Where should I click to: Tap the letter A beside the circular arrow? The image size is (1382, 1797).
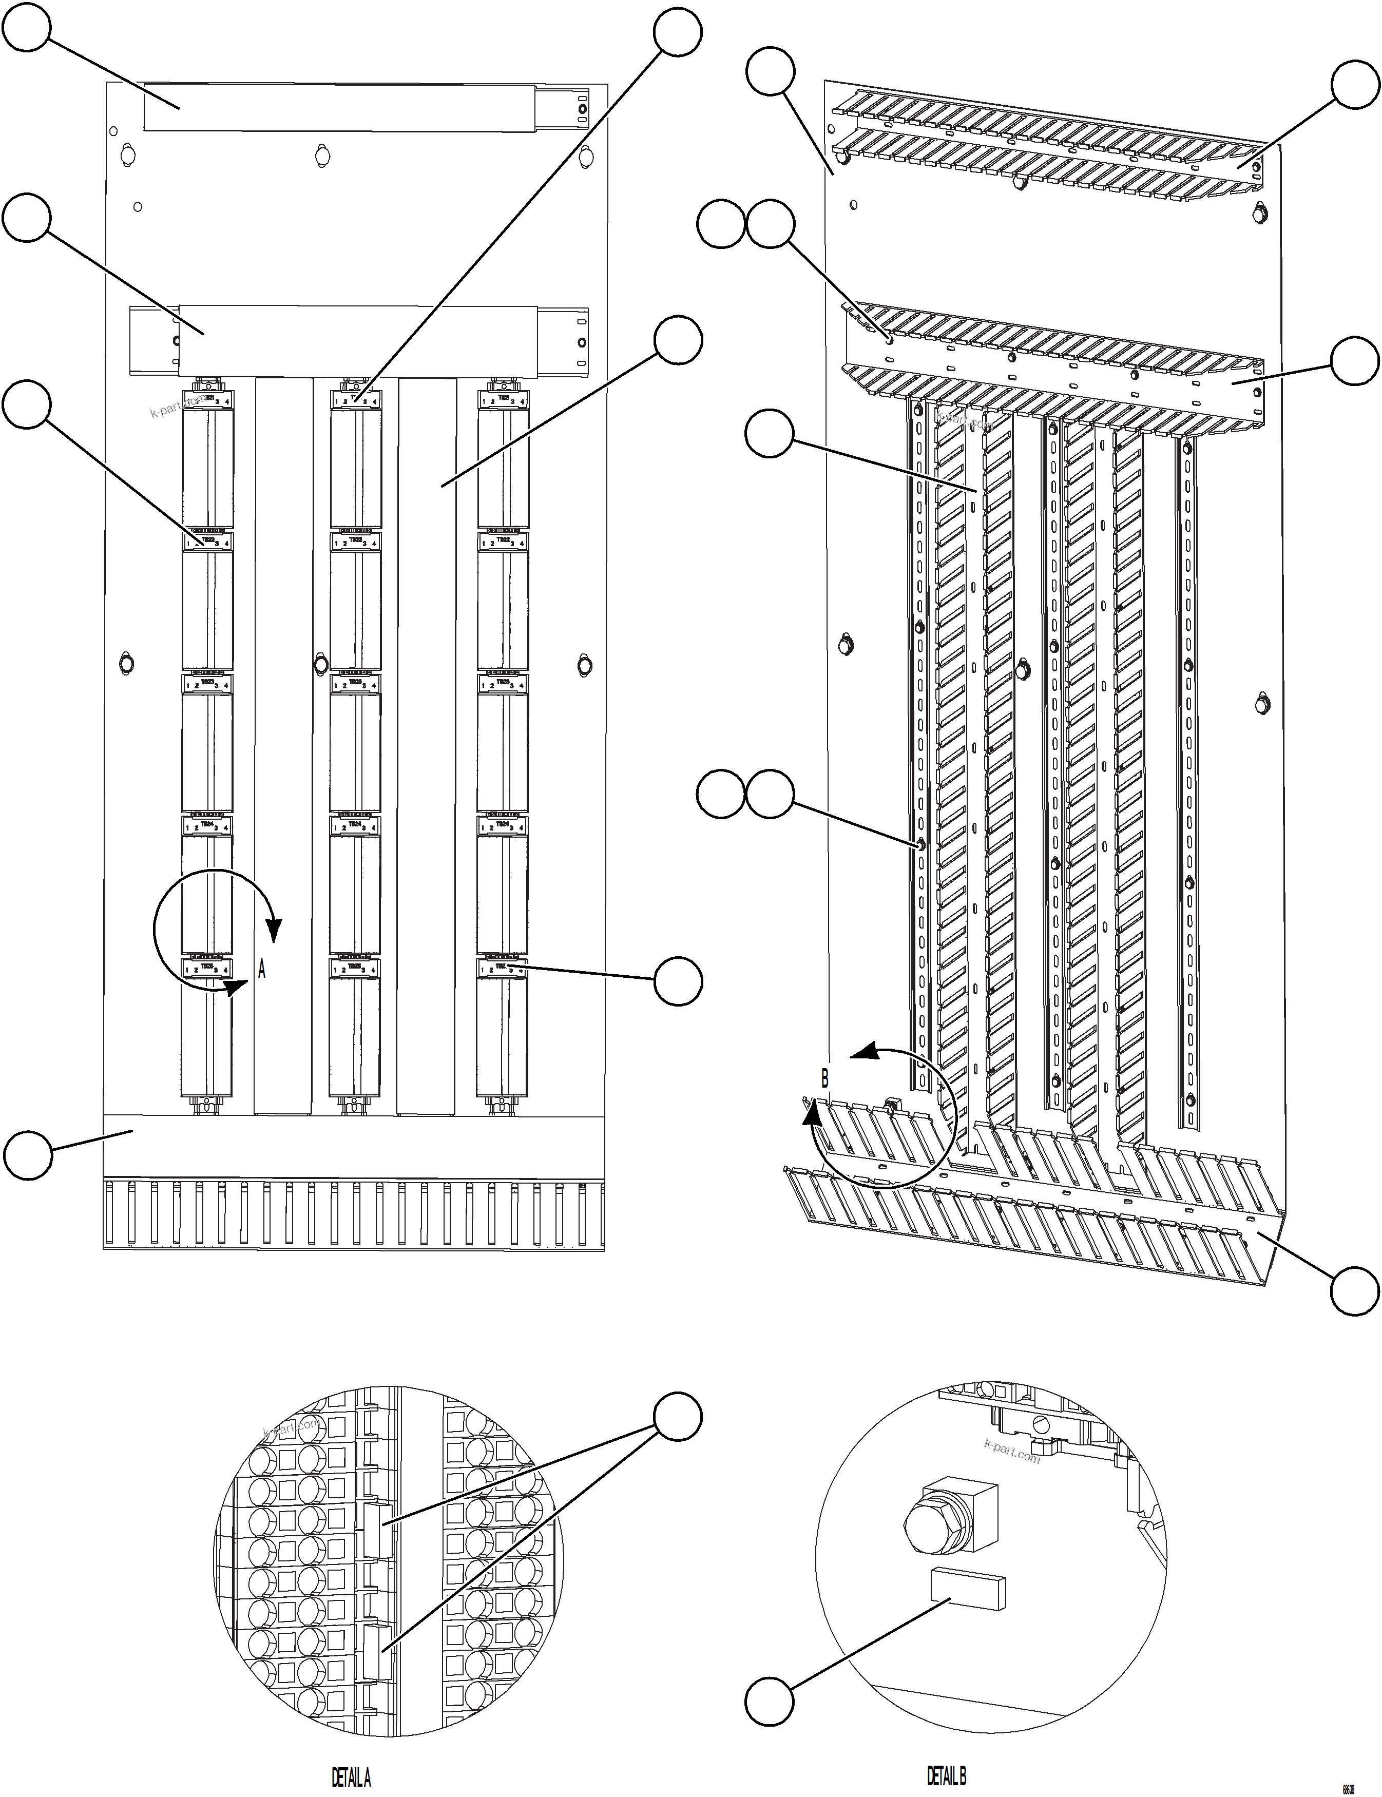tap(262, 970)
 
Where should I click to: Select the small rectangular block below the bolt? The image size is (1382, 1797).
tap(967, 1587)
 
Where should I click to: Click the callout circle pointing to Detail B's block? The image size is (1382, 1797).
tap(769, 1702)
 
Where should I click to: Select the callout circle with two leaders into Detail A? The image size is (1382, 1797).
tap(678, 1416)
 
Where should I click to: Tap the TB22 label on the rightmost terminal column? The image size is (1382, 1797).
tap(503, 541)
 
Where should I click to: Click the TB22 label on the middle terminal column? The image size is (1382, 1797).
tap(355, 541)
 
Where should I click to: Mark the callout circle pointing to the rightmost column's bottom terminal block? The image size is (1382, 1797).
tap(678, 980)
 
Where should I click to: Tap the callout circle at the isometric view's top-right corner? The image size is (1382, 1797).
tap(1355, 84)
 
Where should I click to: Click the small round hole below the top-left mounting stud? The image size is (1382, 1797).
tap(138, 206)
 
